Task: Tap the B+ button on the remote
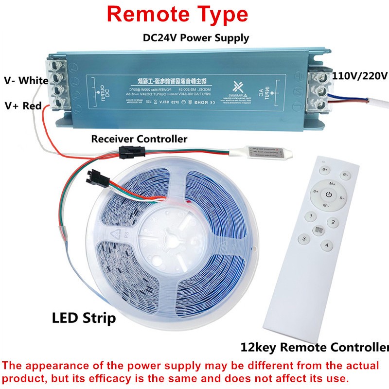(325, 170)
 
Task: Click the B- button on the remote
(346, 173)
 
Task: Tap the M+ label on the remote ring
(333, 184)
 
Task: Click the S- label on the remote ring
(341, 198)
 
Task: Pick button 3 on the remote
(304, 238)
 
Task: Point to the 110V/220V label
(359, 76)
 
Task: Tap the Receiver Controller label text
(139, 139)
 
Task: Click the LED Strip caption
(84, 318)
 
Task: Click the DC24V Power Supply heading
(196, 37)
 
